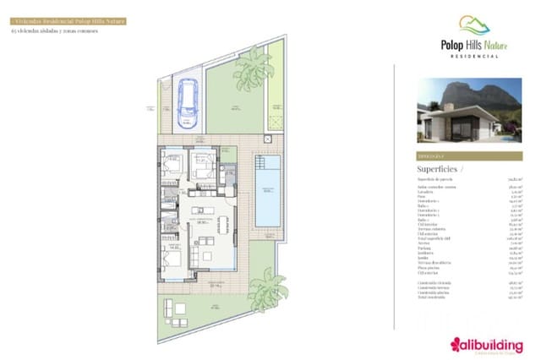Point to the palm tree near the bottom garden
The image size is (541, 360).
(269, 286)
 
